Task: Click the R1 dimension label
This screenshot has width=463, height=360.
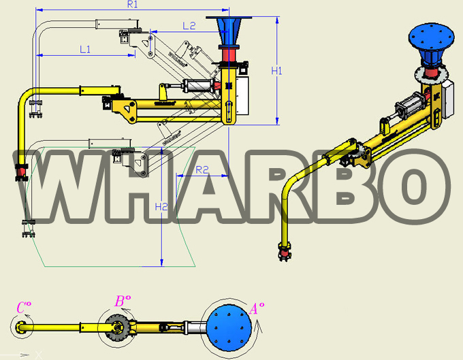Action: point(132,5)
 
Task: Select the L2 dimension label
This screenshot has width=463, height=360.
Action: point(189,26)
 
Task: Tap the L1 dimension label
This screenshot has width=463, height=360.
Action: point(85,49)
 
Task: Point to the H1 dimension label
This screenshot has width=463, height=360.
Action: point(276,71)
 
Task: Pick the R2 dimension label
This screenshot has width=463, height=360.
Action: point(202,169)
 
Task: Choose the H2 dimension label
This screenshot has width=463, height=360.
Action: point(161,207)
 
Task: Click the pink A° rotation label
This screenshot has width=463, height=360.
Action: point(257,309)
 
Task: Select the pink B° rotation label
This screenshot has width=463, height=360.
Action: point(123,301)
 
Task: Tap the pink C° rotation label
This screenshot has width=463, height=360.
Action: point(24,307)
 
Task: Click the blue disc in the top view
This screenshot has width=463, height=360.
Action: point(229,328)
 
